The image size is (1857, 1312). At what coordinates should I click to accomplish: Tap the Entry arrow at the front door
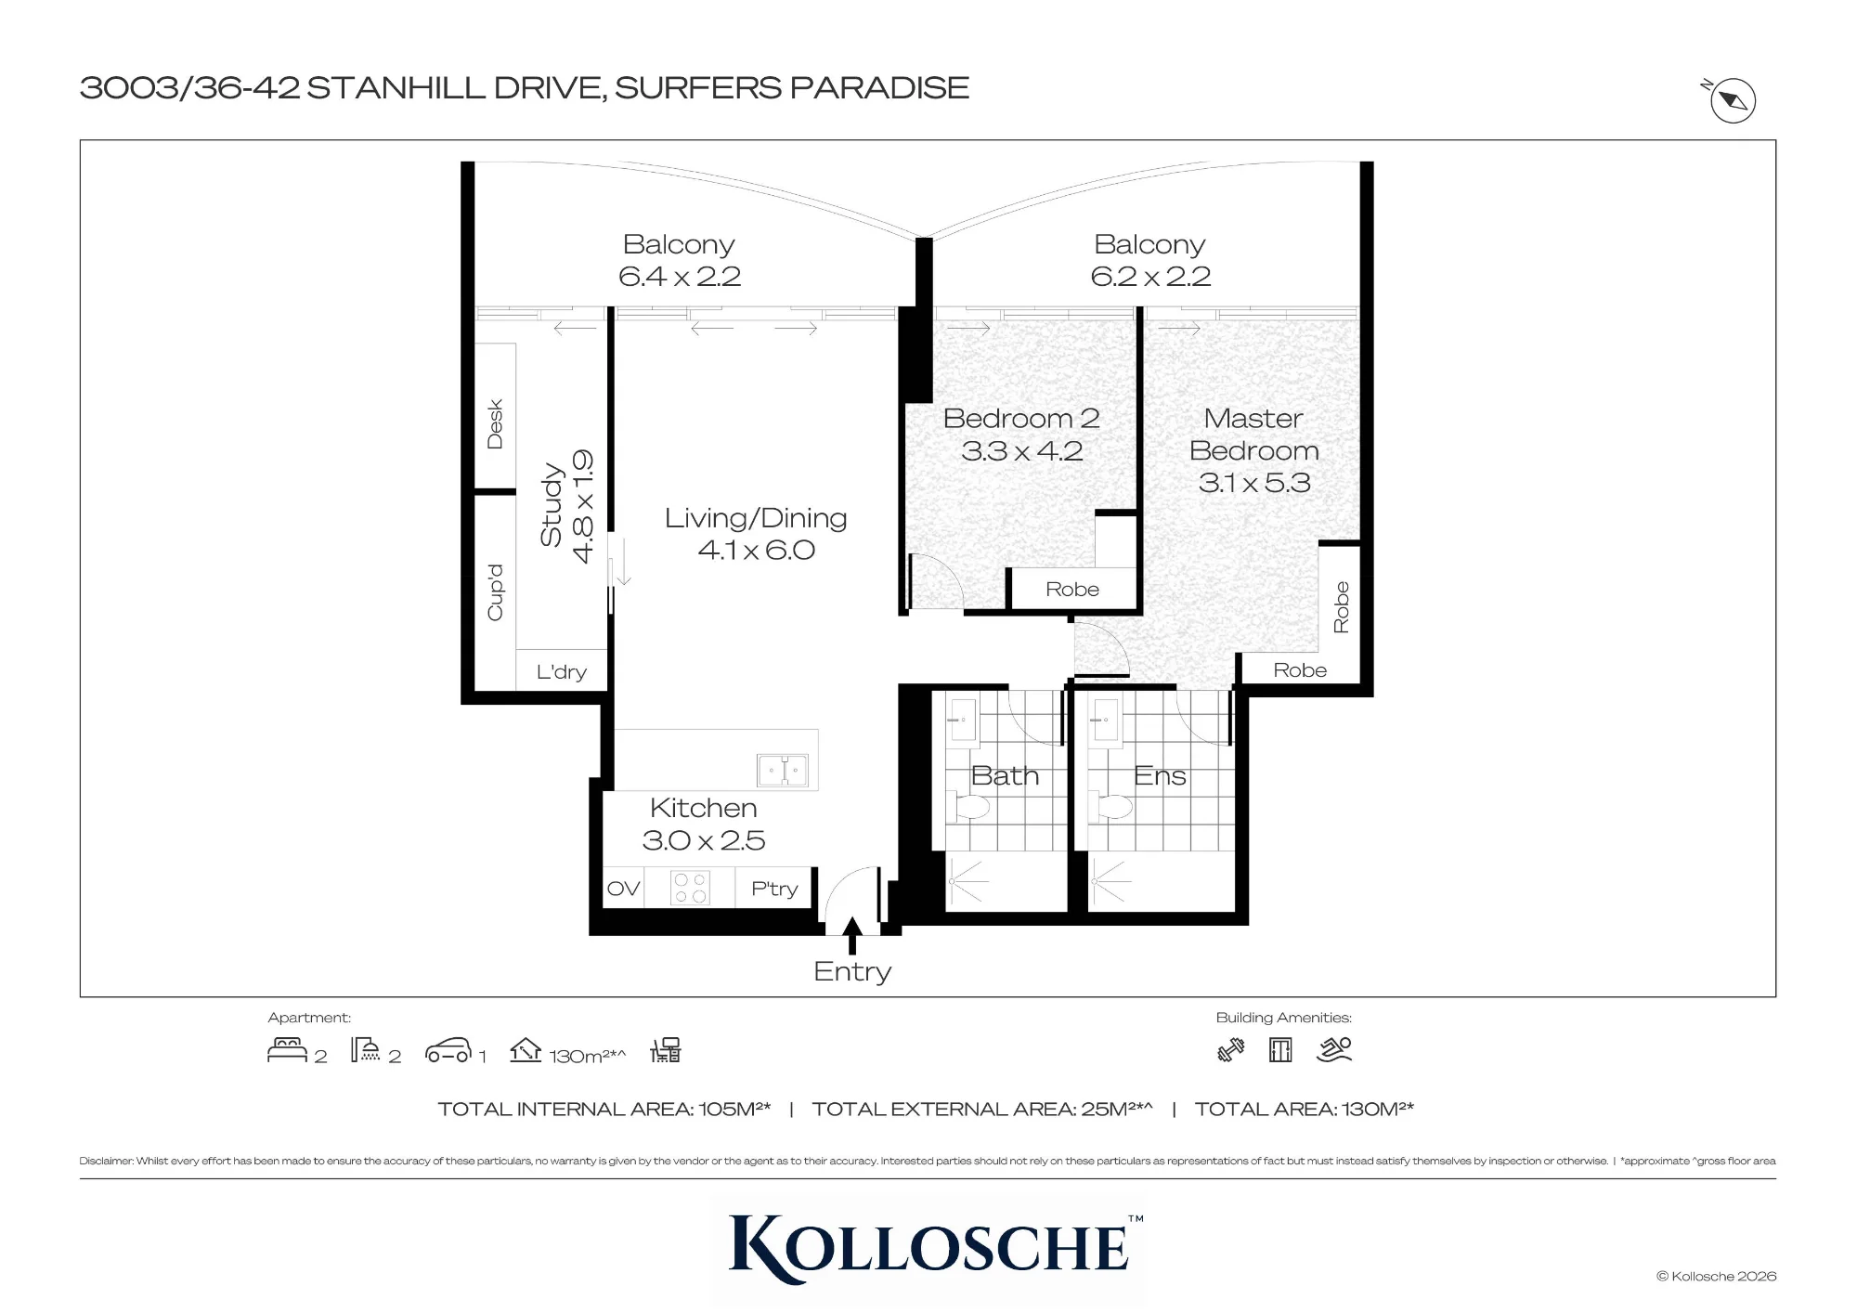[852, 935]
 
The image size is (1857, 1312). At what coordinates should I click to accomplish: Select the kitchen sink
[783, 770]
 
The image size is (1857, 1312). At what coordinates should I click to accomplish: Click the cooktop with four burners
[690, 887]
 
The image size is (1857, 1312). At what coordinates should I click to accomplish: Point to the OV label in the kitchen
[623, 889]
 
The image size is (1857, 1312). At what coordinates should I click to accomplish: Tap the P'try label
[774, 890]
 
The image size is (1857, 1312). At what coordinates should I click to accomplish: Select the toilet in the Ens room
[1110, 805]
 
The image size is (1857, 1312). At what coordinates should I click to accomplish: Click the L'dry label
[562, 671]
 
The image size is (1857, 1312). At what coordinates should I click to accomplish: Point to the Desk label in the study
[495, 424]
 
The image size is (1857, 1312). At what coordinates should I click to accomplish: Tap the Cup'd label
[495, 592]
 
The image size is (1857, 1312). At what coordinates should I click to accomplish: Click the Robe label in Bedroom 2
[1072, 590]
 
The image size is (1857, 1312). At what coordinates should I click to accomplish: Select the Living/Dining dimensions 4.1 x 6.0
[757, 550]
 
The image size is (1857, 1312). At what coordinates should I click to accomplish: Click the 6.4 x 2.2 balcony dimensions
[680, 276]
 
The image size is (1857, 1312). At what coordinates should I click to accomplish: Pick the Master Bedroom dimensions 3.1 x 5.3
[1254, 483]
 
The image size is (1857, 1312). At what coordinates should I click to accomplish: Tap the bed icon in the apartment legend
[287, 1050]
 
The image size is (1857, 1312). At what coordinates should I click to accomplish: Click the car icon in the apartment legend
[448, 1050]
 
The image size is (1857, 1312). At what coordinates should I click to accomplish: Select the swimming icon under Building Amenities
[1334, 1050]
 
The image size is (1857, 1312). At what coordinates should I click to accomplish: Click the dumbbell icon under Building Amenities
[1231, 1050]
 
